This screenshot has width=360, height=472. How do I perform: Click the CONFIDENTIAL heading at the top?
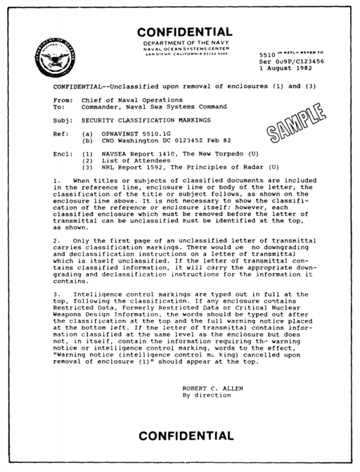coord(184,32)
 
